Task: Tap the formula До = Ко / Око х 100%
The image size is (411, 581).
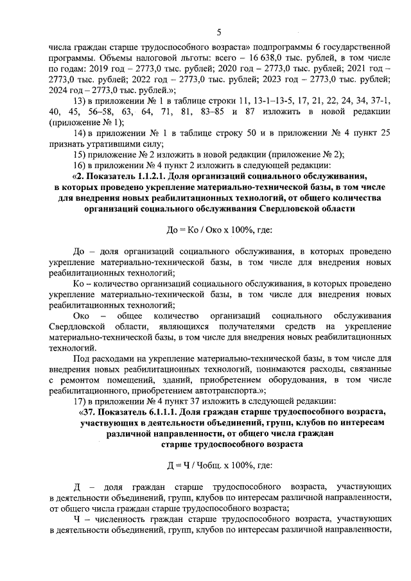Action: point(219,229)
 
